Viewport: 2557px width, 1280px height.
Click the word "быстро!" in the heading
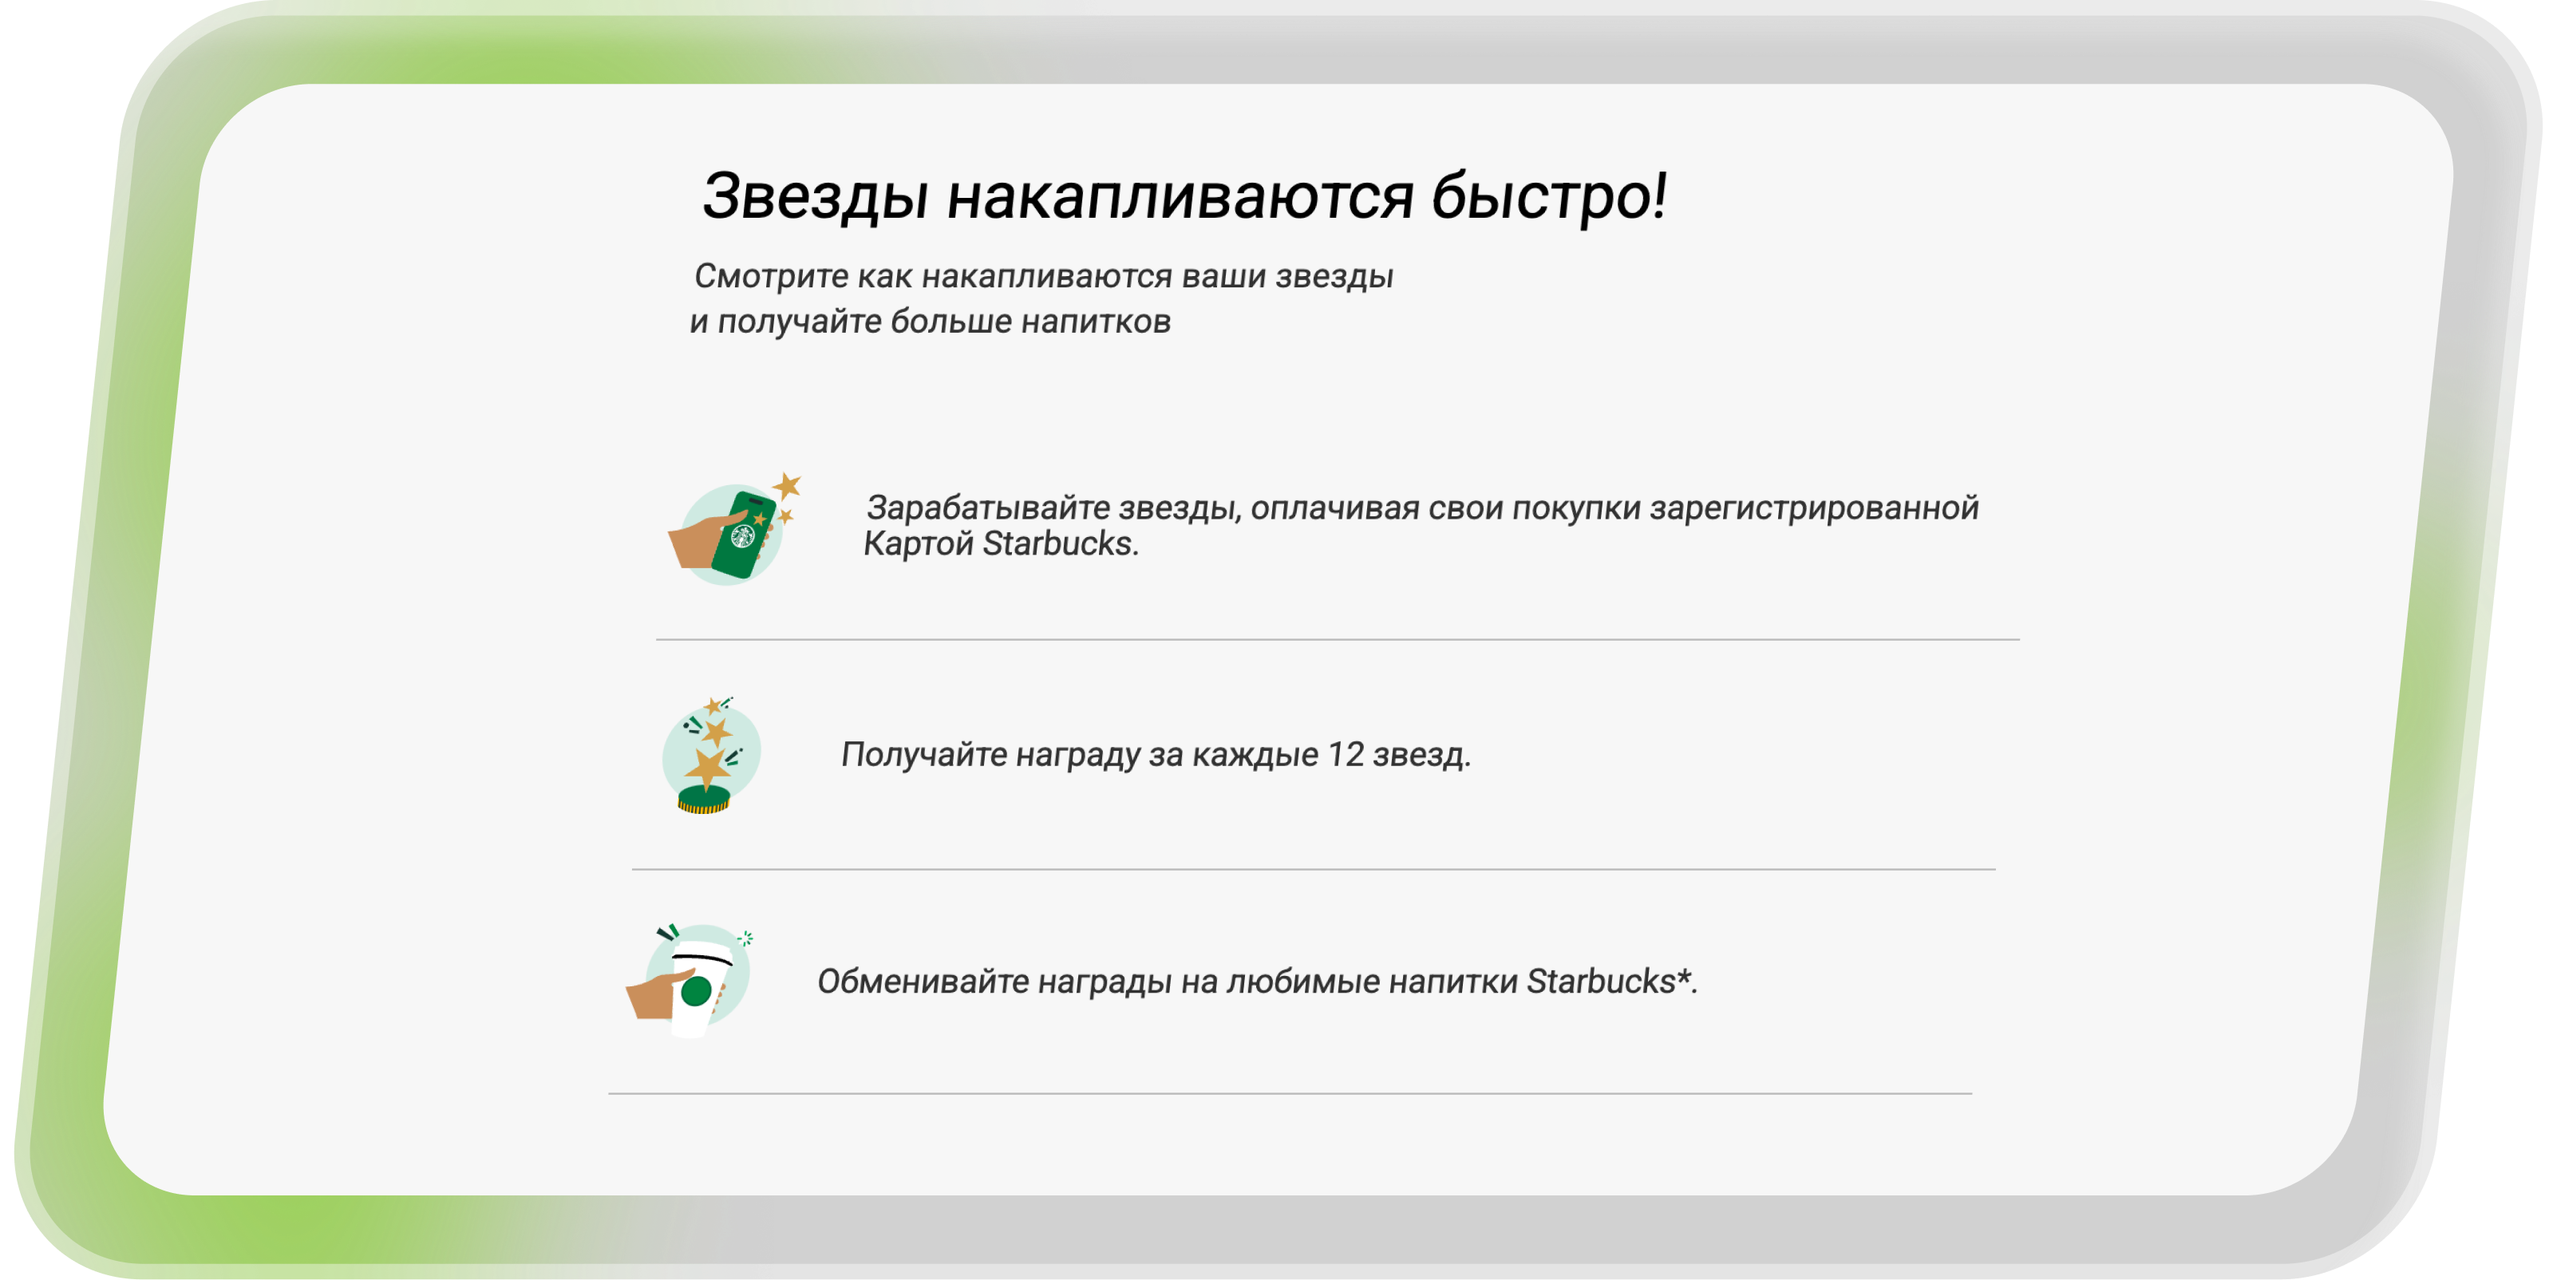(x=1548, y=196)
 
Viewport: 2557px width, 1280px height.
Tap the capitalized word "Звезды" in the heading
(x=815, y=197)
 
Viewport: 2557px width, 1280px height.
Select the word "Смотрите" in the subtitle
(x=770, y=276)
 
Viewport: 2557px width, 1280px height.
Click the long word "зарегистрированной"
(x=1813, y=509)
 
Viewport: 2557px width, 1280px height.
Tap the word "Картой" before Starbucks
(x=919, y=543)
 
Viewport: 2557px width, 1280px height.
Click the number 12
(x=1346, y=755)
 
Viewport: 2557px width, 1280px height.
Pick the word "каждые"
(x=1255, y=756)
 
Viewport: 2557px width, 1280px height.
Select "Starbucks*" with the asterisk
(x=1608, y=982)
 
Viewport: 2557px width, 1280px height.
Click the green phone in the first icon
(x=744, y=535)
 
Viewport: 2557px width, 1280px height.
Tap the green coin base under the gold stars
(x=704, y=799)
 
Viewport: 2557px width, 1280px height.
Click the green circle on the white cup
(x=697, y=990)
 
